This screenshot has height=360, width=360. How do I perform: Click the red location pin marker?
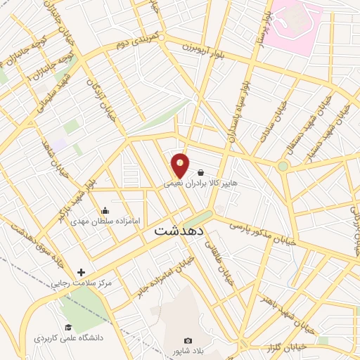point(181,165)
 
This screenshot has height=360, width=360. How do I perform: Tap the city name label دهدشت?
point(179,230)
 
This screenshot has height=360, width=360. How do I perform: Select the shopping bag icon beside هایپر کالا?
point(201,172)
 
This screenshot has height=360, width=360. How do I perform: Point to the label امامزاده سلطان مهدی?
point(105,221)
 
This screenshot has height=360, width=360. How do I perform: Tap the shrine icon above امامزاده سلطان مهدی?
point(105,210)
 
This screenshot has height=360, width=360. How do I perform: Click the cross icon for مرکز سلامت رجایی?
point(81,273)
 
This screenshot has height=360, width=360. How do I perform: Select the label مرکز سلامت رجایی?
point(80,284)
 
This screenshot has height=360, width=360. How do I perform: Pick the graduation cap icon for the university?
point(68,327)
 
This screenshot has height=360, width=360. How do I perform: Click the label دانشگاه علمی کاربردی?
point(68,338)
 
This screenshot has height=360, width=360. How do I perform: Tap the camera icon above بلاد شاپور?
point(188,341)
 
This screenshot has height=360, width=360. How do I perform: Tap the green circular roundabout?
point(283,167)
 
